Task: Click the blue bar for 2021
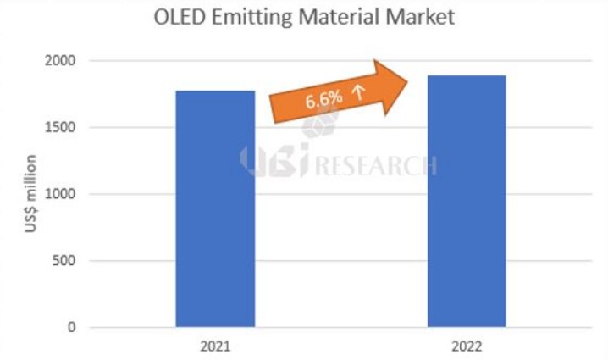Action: pyautogui.click(x=215, y=208)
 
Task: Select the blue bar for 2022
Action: pyautogui.click(x=467, y=201)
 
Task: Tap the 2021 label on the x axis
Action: pyautogui.click(x=215, y=347)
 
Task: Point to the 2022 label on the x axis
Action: pyautogui.click(x=467, y=347)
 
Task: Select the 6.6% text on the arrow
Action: pyautogui.click(x=323, y=99)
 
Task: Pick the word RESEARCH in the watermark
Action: pyautogui.click(x=376, y=164)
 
